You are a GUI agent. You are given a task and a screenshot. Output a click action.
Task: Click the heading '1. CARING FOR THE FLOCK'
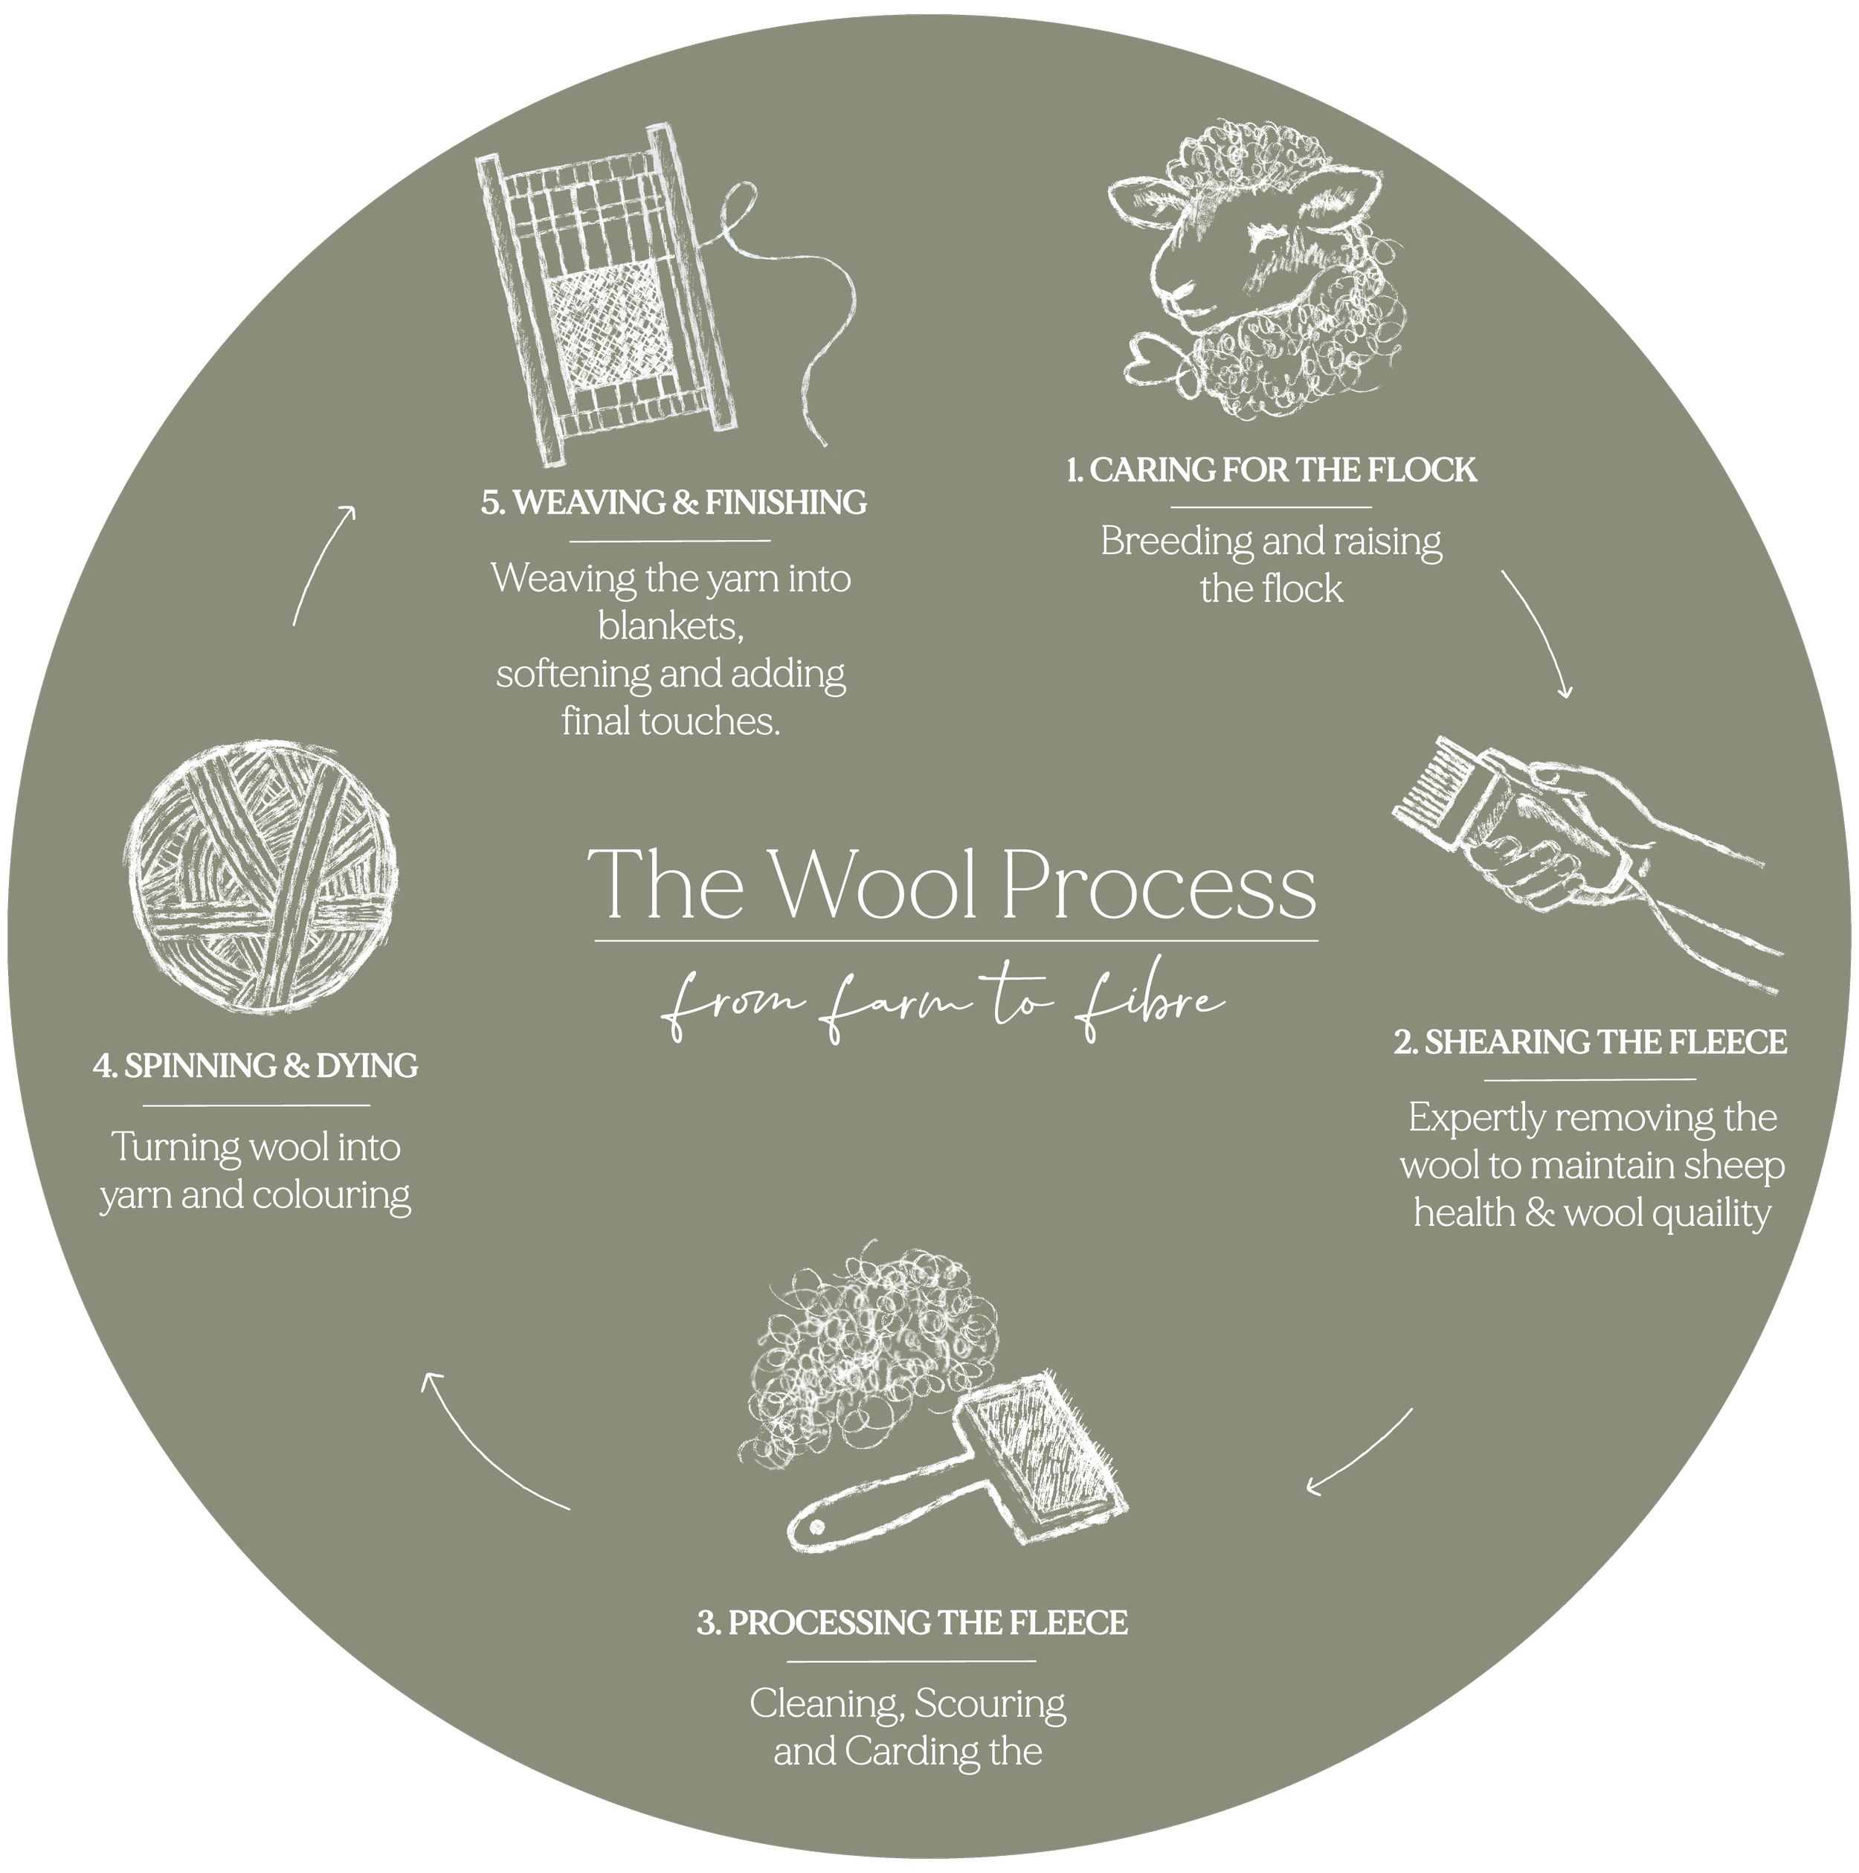coord(1271,470)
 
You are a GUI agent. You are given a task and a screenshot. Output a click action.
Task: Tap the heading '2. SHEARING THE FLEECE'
coord(1591,1042)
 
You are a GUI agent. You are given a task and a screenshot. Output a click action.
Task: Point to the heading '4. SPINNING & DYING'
coord(256,1067)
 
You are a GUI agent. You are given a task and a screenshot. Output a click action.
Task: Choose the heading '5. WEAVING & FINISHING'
coord(674,502)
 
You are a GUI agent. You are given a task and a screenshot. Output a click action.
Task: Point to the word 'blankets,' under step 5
coord(671,626)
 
